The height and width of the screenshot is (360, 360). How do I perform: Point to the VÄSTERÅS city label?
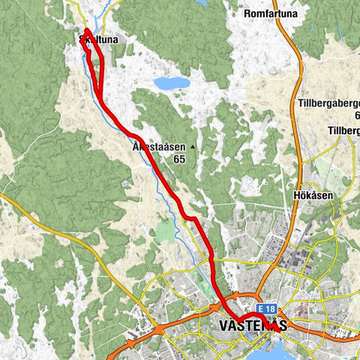click(x=250, y=326)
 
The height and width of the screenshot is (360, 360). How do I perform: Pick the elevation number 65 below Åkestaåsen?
click(x=178, y=159)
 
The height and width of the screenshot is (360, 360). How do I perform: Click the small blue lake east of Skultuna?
click(x=171, y=82)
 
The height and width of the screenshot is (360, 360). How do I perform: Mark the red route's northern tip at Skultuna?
click(x=88, y=30)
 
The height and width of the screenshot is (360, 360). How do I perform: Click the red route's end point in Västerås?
click(x=279, y=328)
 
